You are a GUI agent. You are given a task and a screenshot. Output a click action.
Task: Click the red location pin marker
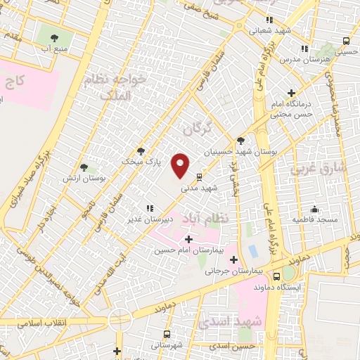click(x=181, y=165)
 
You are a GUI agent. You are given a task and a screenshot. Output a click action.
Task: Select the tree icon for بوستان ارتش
click(x=84, y=167)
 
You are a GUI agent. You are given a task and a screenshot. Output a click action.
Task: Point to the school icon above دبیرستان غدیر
click(x=149, y=208)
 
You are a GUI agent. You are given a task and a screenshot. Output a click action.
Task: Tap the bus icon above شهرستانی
click(x=167, y=334)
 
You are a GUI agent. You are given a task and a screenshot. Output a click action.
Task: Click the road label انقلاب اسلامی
click(x=30, y=323)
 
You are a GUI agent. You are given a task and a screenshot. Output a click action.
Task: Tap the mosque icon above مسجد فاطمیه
click(x=314, y=209)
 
